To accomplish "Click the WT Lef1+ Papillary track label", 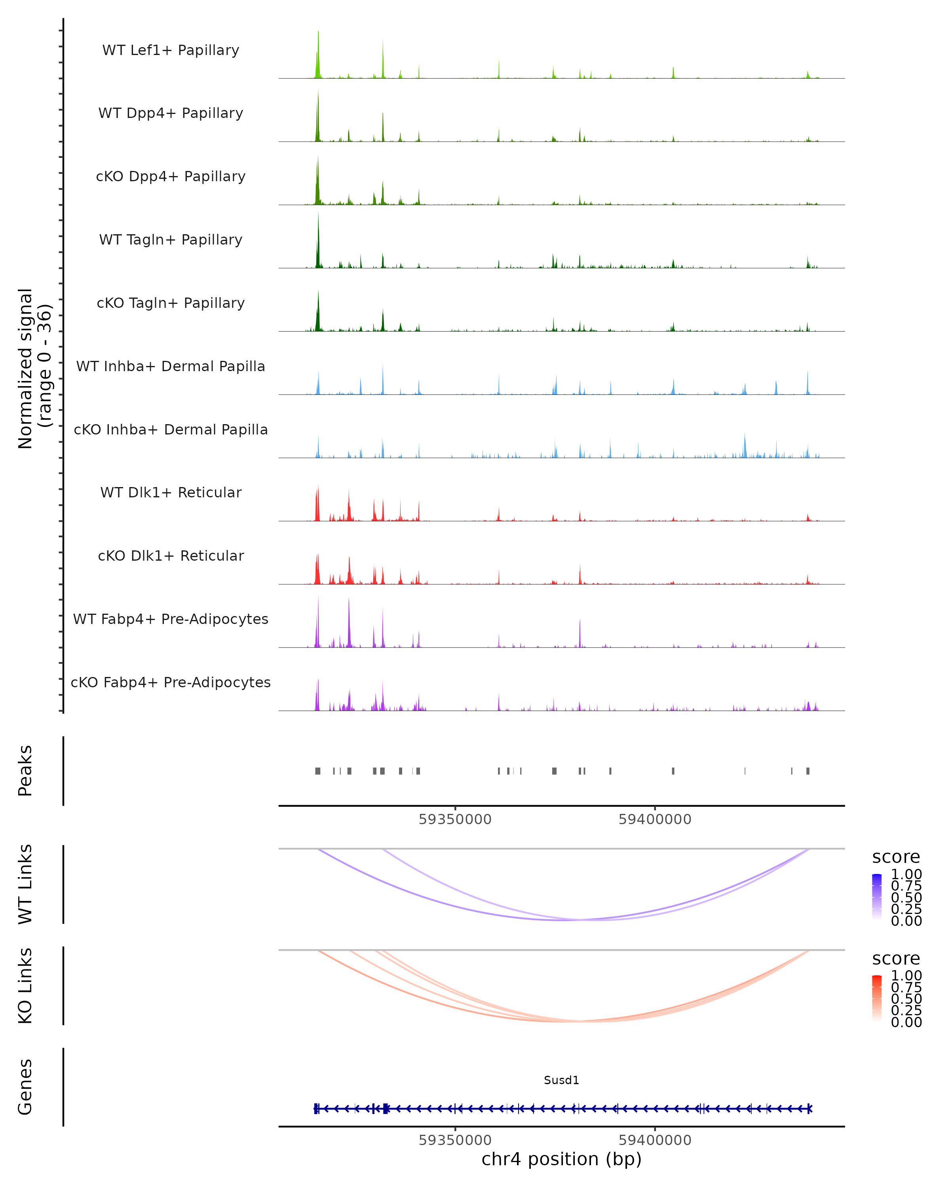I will [x=171, y=50].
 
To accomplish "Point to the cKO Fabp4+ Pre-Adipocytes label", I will [x=171, y=682].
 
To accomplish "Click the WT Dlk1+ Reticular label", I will [x=171, y=492].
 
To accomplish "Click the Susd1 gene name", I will [x=561, y=1080].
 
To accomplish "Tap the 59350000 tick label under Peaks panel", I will [x=455, y=819].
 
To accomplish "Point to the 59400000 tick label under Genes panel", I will [x=655, y=1140].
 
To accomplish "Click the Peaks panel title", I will [x=25, y=770].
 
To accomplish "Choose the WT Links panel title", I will [x=25, y=884].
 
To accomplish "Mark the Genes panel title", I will [x=25, y=1087].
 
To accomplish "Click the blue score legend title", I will [x=895, y=857].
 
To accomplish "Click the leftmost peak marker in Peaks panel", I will [x=318, y=771].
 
